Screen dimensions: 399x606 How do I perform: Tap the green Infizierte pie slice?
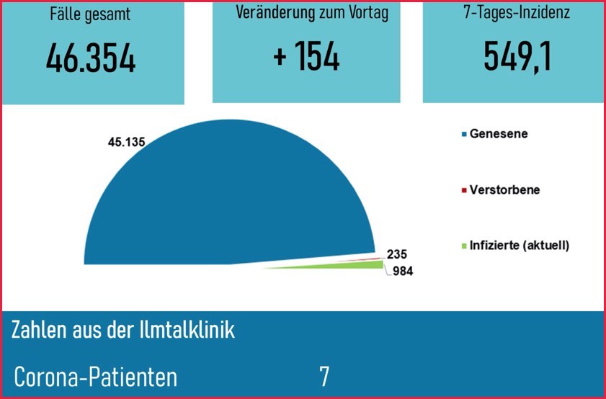360,266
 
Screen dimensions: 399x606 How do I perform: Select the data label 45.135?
126,141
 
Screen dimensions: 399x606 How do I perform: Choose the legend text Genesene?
498,134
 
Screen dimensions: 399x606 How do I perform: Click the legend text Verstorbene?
504,190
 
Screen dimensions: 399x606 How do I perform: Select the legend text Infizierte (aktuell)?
519,246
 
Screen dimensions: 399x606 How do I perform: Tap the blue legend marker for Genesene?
463,134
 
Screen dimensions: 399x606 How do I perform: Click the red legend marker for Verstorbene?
463,191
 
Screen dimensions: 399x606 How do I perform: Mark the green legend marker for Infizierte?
463,246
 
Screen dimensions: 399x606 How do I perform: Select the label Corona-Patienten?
95,377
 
